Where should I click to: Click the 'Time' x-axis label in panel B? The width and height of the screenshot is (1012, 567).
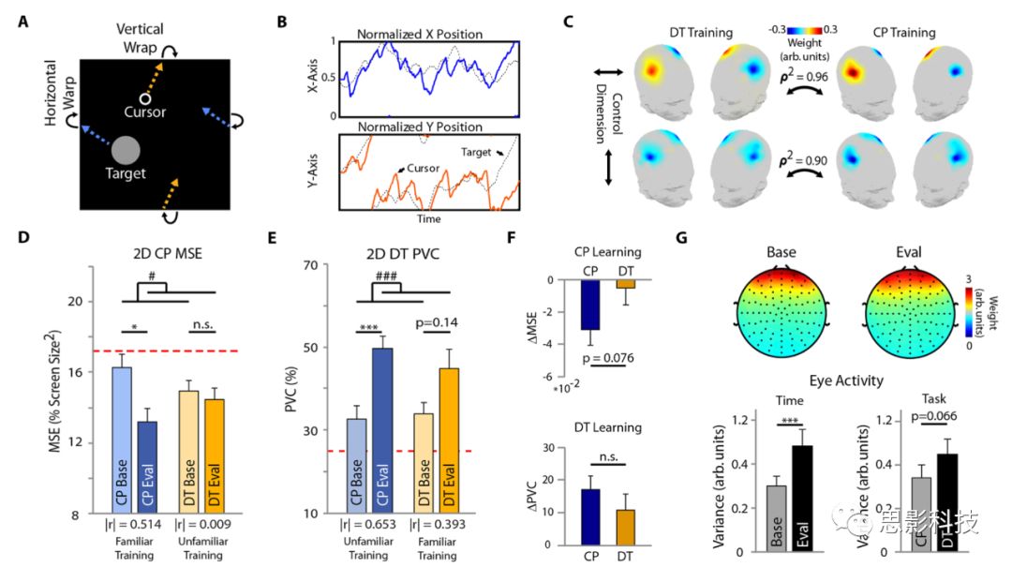click(x=424, y=218)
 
